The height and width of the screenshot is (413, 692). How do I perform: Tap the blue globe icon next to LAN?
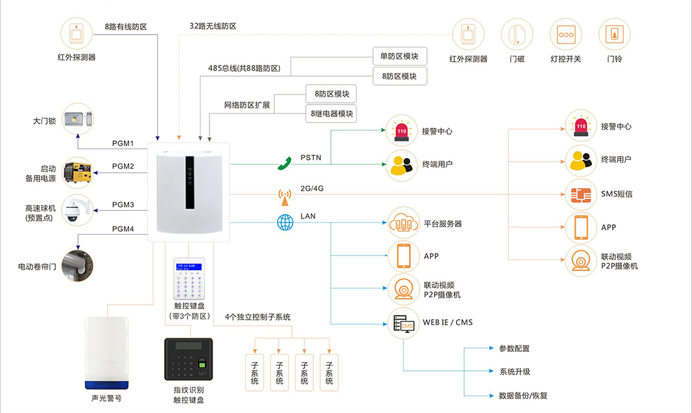(x=285, y=222)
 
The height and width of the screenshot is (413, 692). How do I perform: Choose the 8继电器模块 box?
(x=331, y=114)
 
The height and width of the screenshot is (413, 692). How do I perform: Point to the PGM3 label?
(x=123, y=205)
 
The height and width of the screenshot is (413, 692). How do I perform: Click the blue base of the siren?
(x=106, y=384)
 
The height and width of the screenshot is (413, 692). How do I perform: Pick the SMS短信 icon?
(x=580, y=194)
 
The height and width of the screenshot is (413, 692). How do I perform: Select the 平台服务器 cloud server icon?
(x=403, y=223)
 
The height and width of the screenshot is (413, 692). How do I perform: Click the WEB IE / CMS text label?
(x=447, y=322)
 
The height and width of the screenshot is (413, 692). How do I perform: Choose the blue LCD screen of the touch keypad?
(x=189, y=268)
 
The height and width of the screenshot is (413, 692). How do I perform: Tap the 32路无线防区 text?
(x=213, y=26)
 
